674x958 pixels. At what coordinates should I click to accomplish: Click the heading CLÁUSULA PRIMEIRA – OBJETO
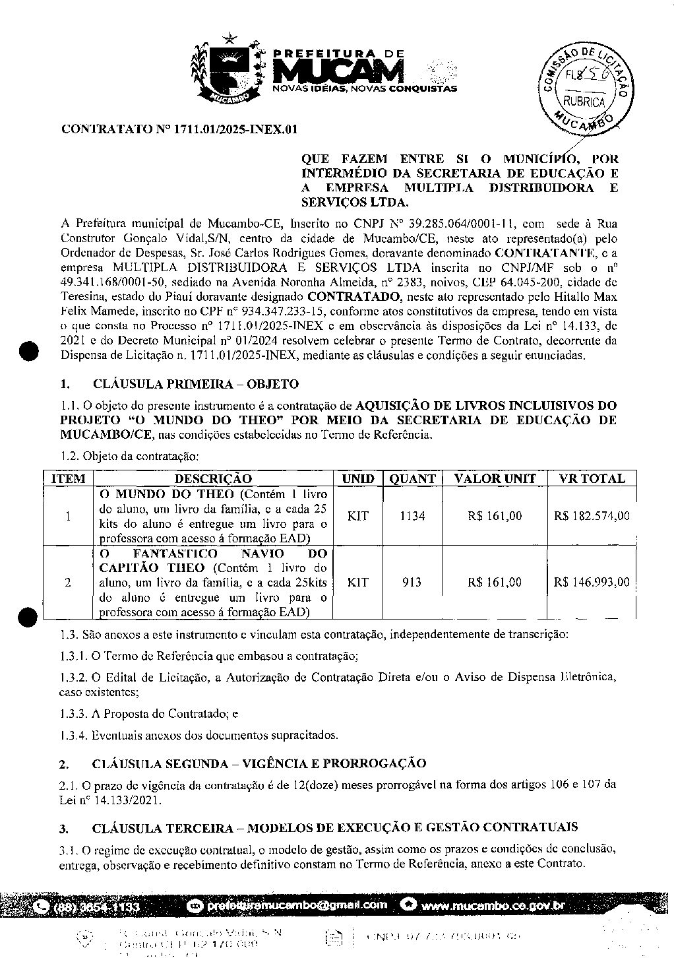click(195, 384)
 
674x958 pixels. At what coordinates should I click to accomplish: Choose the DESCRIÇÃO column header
click(213, 479)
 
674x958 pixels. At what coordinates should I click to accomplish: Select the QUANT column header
click(412, 479)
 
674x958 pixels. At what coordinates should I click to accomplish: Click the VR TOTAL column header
click(592, 479)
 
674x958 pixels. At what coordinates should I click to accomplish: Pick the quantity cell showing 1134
click(412, 516)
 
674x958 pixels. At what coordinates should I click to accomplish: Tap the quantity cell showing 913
click(412, 582)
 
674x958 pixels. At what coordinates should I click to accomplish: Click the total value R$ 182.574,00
click(592, 516)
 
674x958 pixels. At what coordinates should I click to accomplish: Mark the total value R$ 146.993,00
click(592, 582)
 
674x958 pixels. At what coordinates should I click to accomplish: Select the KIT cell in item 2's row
click(357, 582)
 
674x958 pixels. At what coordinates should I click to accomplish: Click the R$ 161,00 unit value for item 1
click(495, 516)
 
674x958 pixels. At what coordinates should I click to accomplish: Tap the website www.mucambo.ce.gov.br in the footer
click(492, 905)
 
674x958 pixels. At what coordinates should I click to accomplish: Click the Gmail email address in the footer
click(295, 905)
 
